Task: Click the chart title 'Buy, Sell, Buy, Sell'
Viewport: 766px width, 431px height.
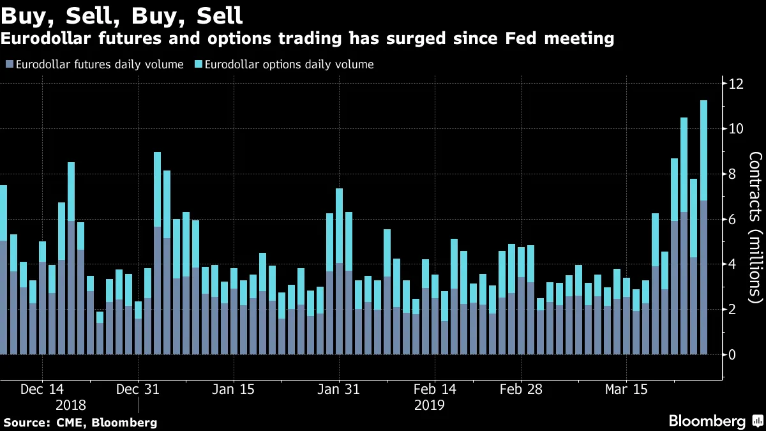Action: tap(121, 14)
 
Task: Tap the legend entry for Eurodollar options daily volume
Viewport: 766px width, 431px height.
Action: tap(287, 64)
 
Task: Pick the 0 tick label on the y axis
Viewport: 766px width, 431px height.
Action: tap(732, 354)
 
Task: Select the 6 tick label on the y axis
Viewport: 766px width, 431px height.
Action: tap(732, 220)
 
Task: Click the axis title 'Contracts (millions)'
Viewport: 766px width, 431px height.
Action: tap(755, 227)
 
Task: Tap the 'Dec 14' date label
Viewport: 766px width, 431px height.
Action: tap(42, 389)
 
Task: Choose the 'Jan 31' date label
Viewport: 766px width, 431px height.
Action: tap(339, 389)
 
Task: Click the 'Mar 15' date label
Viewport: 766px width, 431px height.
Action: tap(626, 389)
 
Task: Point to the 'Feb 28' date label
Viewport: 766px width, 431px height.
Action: tap(521, 389)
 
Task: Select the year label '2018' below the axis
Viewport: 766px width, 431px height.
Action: tap(70, 405)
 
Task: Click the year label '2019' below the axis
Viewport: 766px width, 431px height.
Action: tap(429, 405)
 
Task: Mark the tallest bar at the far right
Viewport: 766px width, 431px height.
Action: tap(703, 227)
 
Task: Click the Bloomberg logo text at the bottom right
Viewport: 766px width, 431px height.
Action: tap(707, 421)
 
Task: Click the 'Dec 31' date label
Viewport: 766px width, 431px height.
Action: tap(138, 389)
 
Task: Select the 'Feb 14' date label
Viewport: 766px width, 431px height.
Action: tap(435, 389)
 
